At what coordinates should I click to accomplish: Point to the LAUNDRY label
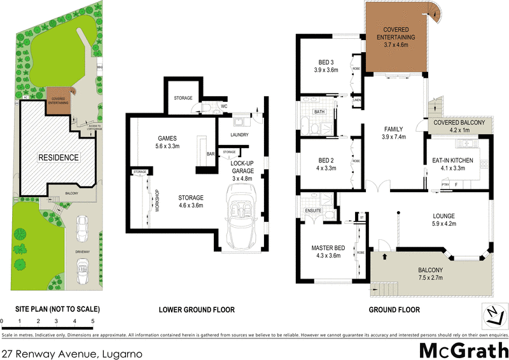(x=235, y=135)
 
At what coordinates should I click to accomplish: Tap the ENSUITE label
(x=314, y=211)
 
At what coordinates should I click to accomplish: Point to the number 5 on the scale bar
(x=93, y=321)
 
